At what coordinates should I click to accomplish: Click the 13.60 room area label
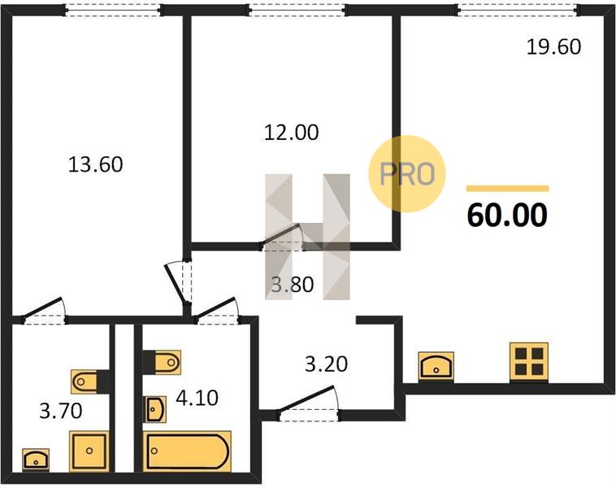coord(95,164)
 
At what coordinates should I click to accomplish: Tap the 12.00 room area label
coord(291,133)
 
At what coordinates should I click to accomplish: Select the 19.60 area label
coord(553,47)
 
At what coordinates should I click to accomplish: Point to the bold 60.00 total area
coord(507,215)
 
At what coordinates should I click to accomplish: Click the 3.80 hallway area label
coord(293,285)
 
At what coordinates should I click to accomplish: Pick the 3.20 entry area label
coord(327,364)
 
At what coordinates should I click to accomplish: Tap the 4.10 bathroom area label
coord(197,398)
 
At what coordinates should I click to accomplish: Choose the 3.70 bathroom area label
coord(61,412)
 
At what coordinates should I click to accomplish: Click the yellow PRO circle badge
coord(407,173)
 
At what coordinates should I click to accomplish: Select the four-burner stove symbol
coord(529,362)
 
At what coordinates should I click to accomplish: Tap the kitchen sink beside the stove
coord(436,367)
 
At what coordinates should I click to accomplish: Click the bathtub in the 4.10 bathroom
coord(187,451)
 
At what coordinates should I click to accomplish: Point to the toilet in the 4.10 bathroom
coord(162,362)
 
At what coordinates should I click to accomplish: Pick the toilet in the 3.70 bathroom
coord(90,381)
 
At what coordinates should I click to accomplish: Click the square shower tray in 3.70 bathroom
coord(89,451)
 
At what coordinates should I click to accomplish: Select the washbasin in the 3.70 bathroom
coord(36,460)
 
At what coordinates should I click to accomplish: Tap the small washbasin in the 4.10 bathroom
coord(156,409)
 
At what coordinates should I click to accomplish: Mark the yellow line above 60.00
coord(508,189)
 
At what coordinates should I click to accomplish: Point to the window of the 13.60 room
coord(113,10)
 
